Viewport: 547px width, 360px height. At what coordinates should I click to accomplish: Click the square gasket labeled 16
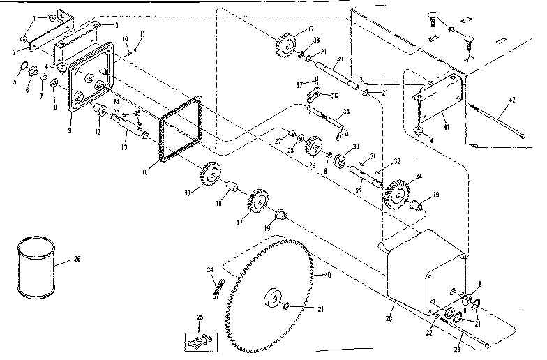tap(181, 128)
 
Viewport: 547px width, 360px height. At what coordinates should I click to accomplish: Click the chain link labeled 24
tap(217, 284)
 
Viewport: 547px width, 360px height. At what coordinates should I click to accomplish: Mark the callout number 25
tap(201, 318)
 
